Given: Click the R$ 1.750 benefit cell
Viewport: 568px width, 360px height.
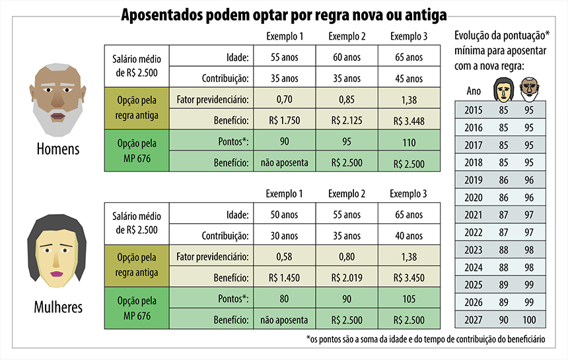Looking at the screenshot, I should [284, 121].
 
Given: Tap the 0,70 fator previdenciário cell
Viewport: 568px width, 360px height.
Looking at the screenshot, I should [284, 100].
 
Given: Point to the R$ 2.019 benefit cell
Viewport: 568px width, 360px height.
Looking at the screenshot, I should [346, 278].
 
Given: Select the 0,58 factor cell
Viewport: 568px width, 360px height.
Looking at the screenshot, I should [284, 257].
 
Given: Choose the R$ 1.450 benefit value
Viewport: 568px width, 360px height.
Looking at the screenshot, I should [284, 278].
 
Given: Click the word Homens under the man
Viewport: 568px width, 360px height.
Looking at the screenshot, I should [58, 149].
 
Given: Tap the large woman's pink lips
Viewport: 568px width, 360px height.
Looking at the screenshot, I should [57, 273].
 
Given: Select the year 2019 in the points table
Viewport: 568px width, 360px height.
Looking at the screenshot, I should [474, 180].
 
